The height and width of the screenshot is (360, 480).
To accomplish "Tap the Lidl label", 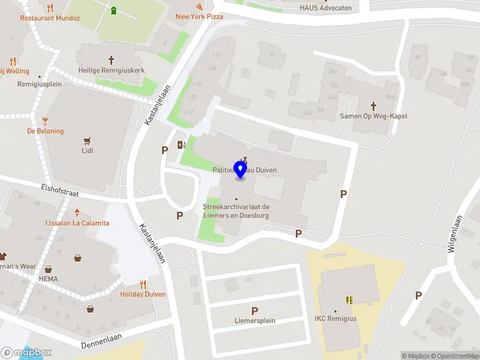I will coord(88,151).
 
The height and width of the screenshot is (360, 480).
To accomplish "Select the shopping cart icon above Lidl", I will coord(88,140).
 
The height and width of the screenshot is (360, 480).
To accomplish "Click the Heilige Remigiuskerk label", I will coord(111,70).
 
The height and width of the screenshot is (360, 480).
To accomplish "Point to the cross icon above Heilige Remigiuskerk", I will coord(111,60).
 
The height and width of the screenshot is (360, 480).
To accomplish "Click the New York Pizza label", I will coord(199,17).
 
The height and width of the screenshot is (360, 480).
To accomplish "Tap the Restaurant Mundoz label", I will coord(50,18).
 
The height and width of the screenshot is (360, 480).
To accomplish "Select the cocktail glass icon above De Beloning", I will coord(45,121).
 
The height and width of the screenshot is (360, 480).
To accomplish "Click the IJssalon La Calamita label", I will coord(77,223).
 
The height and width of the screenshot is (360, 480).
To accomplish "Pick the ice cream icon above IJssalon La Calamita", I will coord(77,212).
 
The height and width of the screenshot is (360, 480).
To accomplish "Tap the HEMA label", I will coord(48,279).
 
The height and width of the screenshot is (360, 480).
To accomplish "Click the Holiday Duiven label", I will coord(143,294).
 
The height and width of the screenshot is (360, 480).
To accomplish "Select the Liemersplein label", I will coord(255,320).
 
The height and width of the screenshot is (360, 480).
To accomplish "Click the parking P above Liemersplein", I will coord(255,311).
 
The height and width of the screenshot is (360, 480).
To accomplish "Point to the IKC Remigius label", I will coord(335,318).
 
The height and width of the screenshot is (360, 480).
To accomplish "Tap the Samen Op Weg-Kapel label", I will coord(373,116).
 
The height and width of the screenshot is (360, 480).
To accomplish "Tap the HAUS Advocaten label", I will coord(326,8).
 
